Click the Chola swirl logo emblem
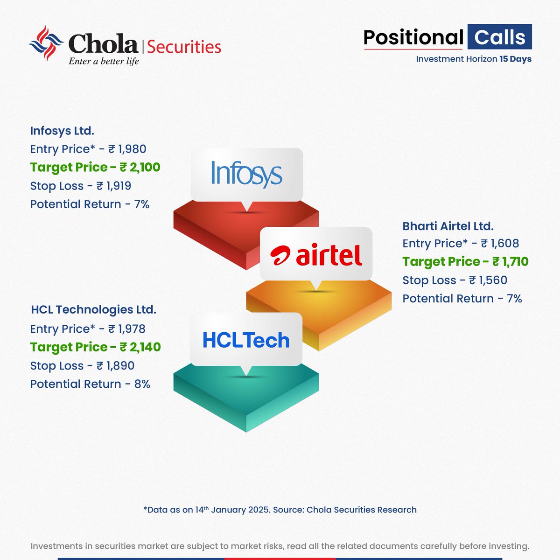pos(46,43)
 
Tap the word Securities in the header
pos(184,47)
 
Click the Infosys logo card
pos(247,174)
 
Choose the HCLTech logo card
pos(246,340)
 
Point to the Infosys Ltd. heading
pos(62,131)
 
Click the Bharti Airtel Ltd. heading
pos(448,226)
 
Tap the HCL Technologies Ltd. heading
pos(93,309)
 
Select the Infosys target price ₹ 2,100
pos(140,167)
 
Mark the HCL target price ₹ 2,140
pos(140,347)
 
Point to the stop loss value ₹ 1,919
pos(114,186)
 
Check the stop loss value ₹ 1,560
pos(488,280)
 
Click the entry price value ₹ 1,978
pos(127,329)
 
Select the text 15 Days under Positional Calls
pos(515,59)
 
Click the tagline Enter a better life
pos(104,61)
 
